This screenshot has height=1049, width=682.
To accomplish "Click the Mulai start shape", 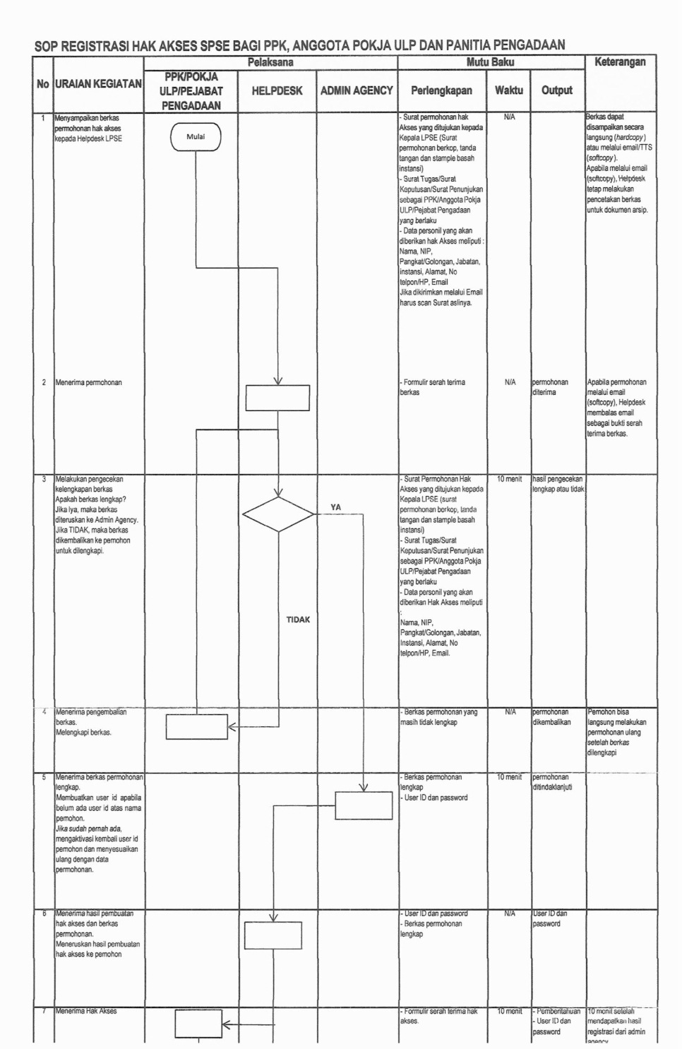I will (196, 137).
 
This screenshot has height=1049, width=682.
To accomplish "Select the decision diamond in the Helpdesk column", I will (278, 513).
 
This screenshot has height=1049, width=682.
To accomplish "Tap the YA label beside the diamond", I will (335, 506).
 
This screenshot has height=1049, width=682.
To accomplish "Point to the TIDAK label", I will (298, 620).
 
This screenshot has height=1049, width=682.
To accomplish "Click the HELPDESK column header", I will (277, 91).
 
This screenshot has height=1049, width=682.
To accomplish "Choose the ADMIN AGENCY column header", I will (357, 90).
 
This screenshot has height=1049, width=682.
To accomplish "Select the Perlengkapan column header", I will (442, 90).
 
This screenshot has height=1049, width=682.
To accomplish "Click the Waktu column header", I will (508, 90).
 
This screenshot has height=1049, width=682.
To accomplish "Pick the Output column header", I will (556, 90).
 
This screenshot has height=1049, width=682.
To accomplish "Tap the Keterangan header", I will (620, 62).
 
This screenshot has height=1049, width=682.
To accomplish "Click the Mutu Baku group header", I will (491, 62).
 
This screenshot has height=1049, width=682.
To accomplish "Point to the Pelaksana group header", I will (270, 62).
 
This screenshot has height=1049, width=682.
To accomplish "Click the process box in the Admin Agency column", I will (363, 805).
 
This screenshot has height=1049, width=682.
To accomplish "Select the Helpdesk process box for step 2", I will (277, 398).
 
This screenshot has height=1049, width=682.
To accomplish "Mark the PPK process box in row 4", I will (197, 727).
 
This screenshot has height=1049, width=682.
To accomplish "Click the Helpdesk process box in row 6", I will (273, 936).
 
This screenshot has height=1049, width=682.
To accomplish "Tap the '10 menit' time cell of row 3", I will (508, 479).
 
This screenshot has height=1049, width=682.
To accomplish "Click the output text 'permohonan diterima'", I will (550, 387).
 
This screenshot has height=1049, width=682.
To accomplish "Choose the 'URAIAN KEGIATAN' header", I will (98, 84).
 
